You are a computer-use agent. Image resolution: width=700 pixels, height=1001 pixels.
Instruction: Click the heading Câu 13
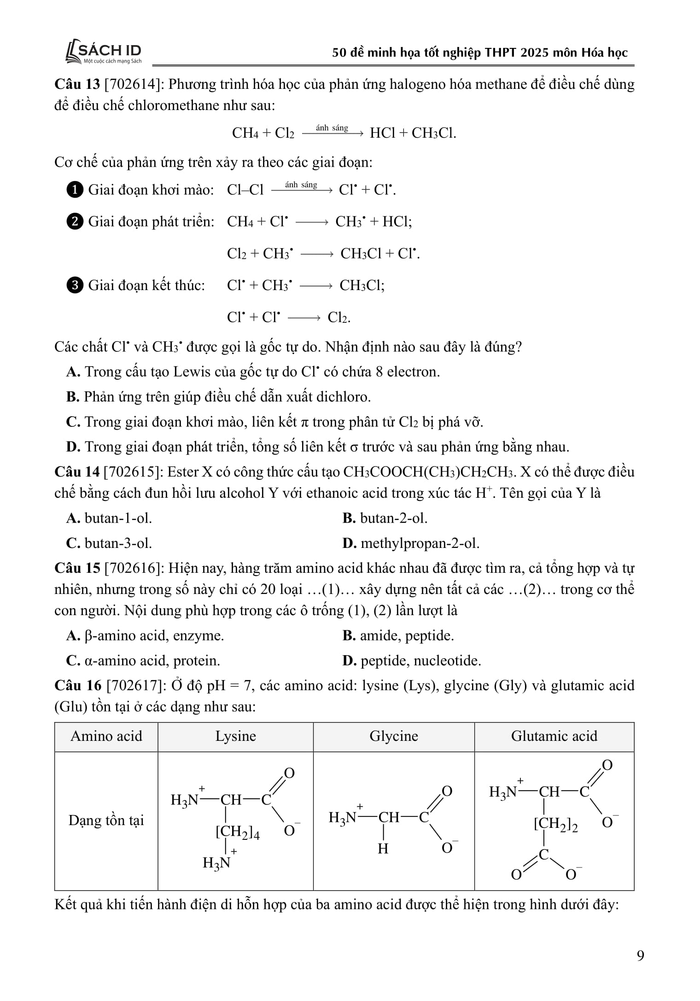coord(77,84)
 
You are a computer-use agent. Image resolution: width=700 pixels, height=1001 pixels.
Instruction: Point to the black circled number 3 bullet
coord(75,285)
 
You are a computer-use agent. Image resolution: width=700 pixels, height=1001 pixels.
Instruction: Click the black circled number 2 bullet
coord(75,222)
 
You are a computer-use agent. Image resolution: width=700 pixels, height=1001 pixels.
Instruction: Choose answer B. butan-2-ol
coord(385,518)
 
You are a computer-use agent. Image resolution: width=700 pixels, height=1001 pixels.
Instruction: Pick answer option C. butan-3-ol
coord(109,543)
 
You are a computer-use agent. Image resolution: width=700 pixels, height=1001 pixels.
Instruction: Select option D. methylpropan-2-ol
coord(411,543)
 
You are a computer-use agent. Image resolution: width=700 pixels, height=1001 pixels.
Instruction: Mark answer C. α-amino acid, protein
coord(143,661)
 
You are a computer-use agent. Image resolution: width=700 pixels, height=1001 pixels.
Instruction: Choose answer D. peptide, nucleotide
coord(412,661)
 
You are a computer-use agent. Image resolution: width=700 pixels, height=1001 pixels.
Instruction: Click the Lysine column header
coord(235,736)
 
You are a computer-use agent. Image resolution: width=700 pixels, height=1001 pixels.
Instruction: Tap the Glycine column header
coord(394,736)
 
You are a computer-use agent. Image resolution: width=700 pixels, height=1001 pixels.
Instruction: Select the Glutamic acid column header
coord(554,736)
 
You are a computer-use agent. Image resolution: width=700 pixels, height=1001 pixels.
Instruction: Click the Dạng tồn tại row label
coord(106,821)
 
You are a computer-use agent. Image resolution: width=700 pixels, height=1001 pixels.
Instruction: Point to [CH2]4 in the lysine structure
coord(237,832)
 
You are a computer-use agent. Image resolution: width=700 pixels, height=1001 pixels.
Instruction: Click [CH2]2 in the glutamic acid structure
coord(555,824)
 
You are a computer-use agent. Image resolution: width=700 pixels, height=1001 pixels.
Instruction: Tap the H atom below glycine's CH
coord(383,849)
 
